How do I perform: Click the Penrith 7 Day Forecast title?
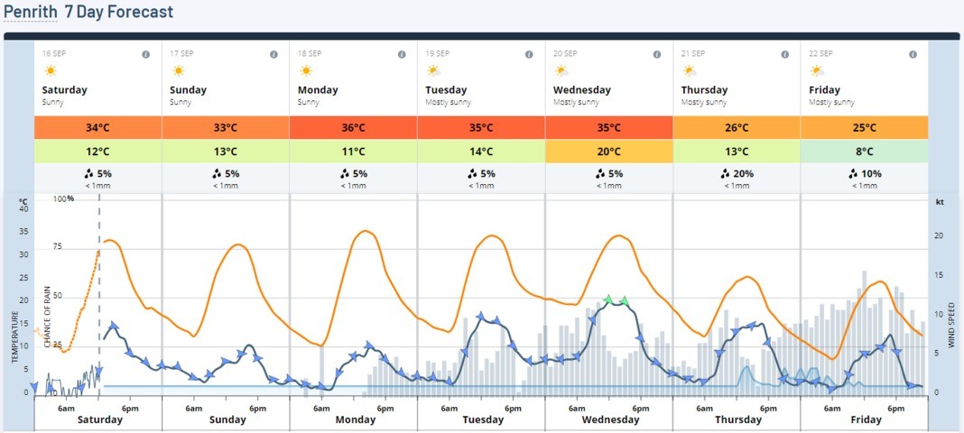pyautogui.click(x=88, y=13)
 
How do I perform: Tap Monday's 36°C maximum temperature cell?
pyautogui.click(x=353, y=127)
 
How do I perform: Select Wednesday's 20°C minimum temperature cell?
pyautogui.click(x=608, y=151)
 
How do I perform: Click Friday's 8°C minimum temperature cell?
pyautogui.click(x=865, y=151)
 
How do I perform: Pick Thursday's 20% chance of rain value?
pyautogui.click(x=737, y=174)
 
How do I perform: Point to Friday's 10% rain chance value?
pyautogui.click(x=865, y=174)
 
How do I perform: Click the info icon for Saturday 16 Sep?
pyautogui.click(x=146, y=54)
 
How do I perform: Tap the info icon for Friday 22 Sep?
pyautogui.click(x=913, y=54)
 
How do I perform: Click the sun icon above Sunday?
pyautogui.click(x=178, y=70)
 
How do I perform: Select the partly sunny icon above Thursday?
pyautogui.click(x=690, y=70)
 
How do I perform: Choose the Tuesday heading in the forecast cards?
pyautogui.click(x=446, y=89)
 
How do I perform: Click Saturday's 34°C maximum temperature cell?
pyautogui.click(x=97, y=127)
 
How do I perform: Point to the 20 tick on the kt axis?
pyautogui.click(x=939, y=235)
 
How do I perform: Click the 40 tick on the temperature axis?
pyautogui.click(x=24, y=209)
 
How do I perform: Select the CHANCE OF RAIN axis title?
pyautogui.click(x=47, y=317)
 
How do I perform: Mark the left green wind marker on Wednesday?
pyautogui.click(x=608, y=299)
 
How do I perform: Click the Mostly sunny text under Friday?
pyautogui.click(x=831, y=102)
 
